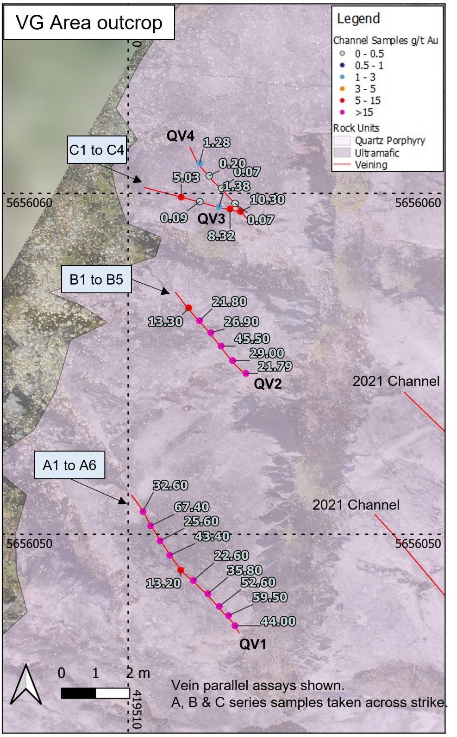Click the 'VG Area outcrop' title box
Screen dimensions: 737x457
click(89, 22)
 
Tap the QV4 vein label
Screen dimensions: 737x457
click(181, 136)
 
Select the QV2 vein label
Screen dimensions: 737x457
click(268, 384)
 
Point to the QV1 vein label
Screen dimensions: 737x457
click(252, 644)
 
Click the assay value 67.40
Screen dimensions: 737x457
click(192, 507)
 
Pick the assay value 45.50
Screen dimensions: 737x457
click(252, 339)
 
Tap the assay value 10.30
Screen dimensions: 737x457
click(267, 199)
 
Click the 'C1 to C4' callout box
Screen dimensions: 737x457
click(97, 150)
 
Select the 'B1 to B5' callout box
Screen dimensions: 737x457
click(96, 279)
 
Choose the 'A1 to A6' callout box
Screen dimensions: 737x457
click(69, 465)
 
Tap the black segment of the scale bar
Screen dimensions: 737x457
click(78, 693)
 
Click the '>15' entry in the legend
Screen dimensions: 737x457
click(363, 112)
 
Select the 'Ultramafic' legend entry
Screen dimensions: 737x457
click(376, 153)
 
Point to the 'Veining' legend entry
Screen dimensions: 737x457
click(370, 165)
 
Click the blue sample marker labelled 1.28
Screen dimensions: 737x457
click(200, 163)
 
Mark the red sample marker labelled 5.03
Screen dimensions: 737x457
click(182, 197)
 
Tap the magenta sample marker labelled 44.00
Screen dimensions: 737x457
click(235, 626)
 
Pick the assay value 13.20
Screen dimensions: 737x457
click(163, 583)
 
